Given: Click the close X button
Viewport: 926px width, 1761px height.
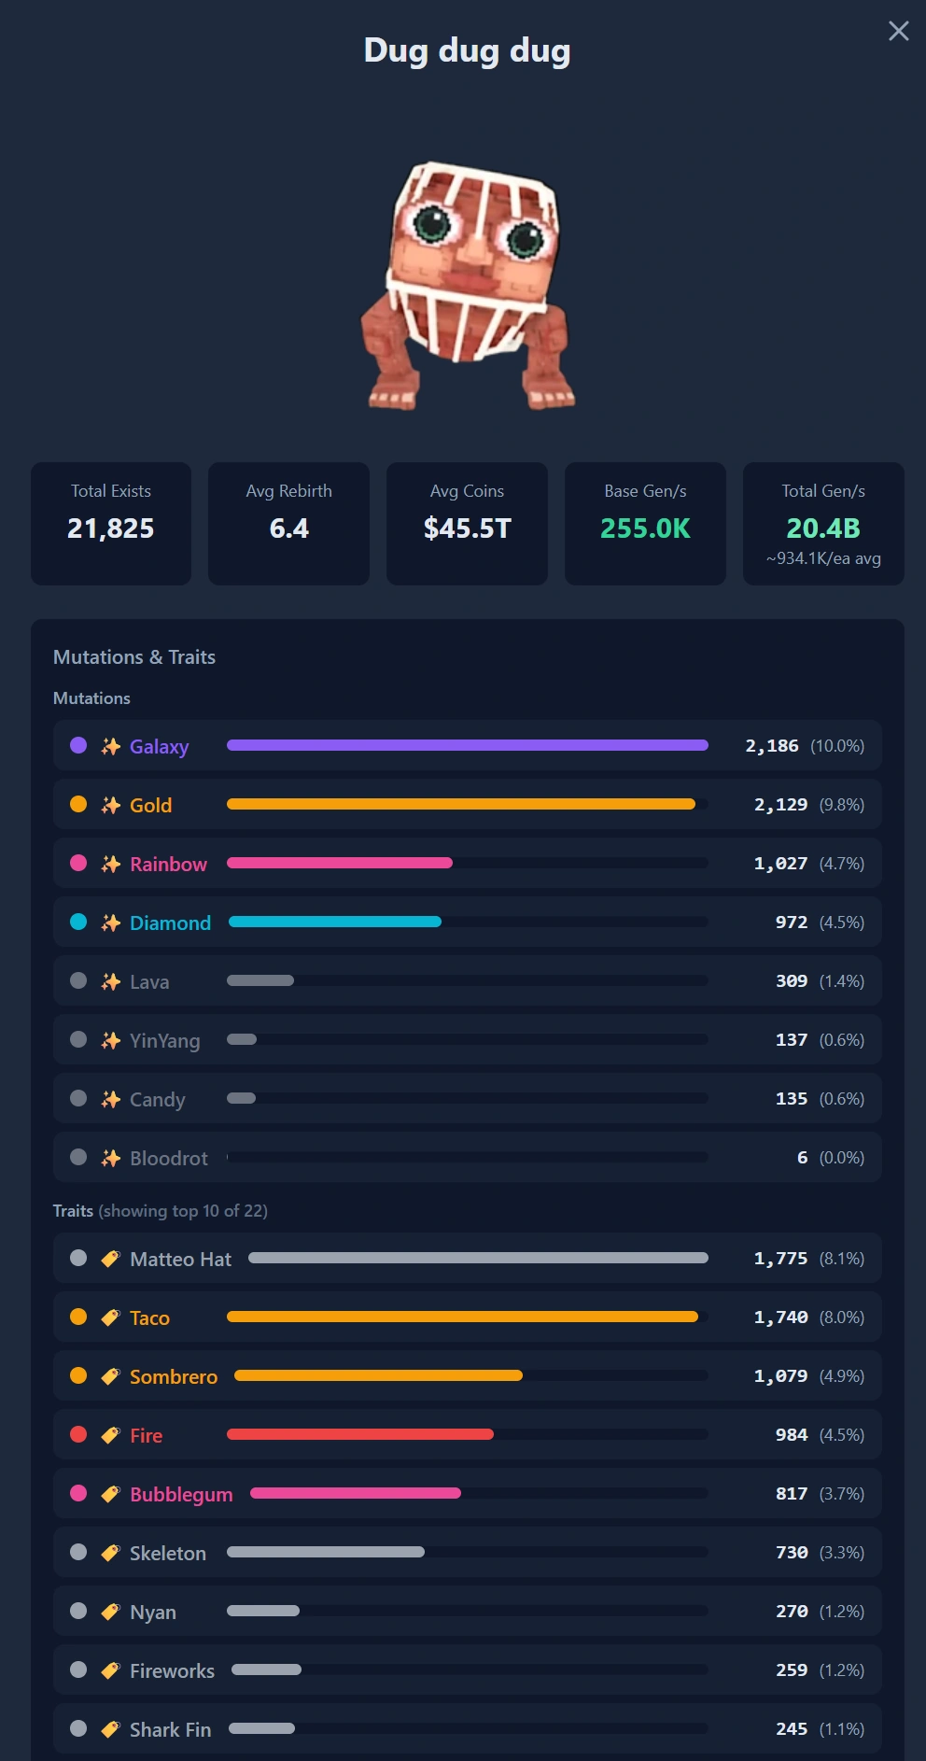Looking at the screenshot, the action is click(899, 31).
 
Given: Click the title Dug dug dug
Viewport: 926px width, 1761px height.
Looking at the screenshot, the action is click(467, 50).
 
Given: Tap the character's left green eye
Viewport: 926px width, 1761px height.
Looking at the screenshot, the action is click(432, 223).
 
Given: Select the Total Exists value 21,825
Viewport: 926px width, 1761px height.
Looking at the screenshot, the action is click(111, 528).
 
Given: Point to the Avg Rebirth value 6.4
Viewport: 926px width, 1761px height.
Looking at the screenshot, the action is click(289, 528).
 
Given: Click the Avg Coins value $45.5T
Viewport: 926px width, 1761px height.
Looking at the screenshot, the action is click(468, 528).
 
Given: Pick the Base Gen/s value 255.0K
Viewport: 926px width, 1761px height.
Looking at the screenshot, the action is click(645, 528).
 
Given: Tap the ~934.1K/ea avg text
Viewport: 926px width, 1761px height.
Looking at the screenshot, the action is click(823, 558).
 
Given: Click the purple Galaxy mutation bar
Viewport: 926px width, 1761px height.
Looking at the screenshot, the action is click(468, 745).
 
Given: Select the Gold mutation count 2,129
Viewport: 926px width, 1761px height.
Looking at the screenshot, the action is click(780, 804).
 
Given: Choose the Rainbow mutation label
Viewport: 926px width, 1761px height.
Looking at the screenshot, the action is click(168, 864).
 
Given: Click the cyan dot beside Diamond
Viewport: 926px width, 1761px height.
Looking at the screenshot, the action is click(78, 922).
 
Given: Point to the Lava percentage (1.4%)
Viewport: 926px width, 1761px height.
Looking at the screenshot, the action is click(842, 980).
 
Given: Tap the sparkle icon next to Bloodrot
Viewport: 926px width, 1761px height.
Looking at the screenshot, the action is click(111, 1158).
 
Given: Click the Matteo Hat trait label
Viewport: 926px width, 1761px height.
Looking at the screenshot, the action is click(180, 1259).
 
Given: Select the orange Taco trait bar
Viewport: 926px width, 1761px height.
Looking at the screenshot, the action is click(462, 1317).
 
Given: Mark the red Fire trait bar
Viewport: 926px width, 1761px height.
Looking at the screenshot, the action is click(360, 1434).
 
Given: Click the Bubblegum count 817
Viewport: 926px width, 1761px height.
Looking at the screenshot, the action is click(792, 1493).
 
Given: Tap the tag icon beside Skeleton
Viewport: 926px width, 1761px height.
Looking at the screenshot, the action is click(111, 1553).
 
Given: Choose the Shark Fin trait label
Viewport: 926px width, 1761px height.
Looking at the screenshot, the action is click(170, 1729).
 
